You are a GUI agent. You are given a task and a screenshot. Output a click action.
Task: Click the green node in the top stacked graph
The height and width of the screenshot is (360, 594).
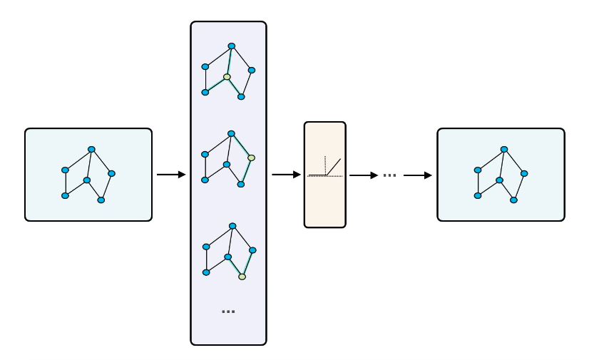[227, 77]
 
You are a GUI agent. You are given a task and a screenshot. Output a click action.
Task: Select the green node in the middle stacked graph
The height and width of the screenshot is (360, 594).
[251, 158]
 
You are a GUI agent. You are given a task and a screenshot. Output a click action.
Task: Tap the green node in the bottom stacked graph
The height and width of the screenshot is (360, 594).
[242, 277]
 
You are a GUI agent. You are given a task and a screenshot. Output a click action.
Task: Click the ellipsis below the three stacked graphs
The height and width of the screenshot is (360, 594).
[228, 312]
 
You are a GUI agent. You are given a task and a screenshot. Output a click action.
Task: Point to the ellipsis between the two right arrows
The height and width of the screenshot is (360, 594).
[389, 175]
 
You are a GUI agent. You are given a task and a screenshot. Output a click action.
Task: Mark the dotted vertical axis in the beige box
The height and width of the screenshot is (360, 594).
[325, 165]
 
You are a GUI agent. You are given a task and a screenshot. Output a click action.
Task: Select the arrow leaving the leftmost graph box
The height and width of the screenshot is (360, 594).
[171, 175]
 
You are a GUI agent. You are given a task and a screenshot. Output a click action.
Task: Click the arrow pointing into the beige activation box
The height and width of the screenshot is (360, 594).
[285, 175]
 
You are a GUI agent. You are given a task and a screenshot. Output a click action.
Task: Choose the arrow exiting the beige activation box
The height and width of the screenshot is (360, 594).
[363, 175]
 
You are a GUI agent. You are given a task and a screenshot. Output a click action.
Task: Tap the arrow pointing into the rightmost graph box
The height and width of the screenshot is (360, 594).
[418, 175]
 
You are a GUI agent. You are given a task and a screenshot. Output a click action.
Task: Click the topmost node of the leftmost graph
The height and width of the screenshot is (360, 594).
[91, 149]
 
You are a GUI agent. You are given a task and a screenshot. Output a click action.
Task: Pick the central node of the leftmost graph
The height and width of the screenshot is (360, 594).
[87, 180]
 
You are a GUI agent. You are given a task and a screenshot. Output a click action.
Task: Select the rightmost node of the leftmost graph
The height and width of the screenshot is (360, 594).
[111, 173]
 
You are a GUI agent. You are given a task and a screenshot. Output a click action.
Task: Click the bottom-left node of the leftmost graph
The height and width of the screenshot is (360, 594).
[65, 195]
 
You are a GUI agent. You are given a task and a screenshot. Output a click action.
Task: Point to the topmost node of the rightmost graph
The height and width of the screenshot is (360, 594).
[504, 149]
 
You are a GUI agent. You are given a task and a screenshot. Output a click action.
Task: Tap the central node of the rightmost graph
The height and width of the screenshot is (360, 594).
[500, 180]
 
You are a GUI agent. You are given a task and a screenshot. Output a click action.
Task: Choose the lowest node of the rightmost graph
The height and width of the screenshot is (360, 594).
[513, 200]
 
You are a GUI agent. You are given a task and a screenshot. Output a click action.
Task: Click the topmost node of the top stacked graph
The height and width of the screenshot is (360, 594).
[231, 46]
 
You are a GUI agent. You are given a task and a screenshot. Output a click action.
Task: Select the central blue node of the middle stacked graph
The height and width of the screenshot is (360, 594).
[227, 165]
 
